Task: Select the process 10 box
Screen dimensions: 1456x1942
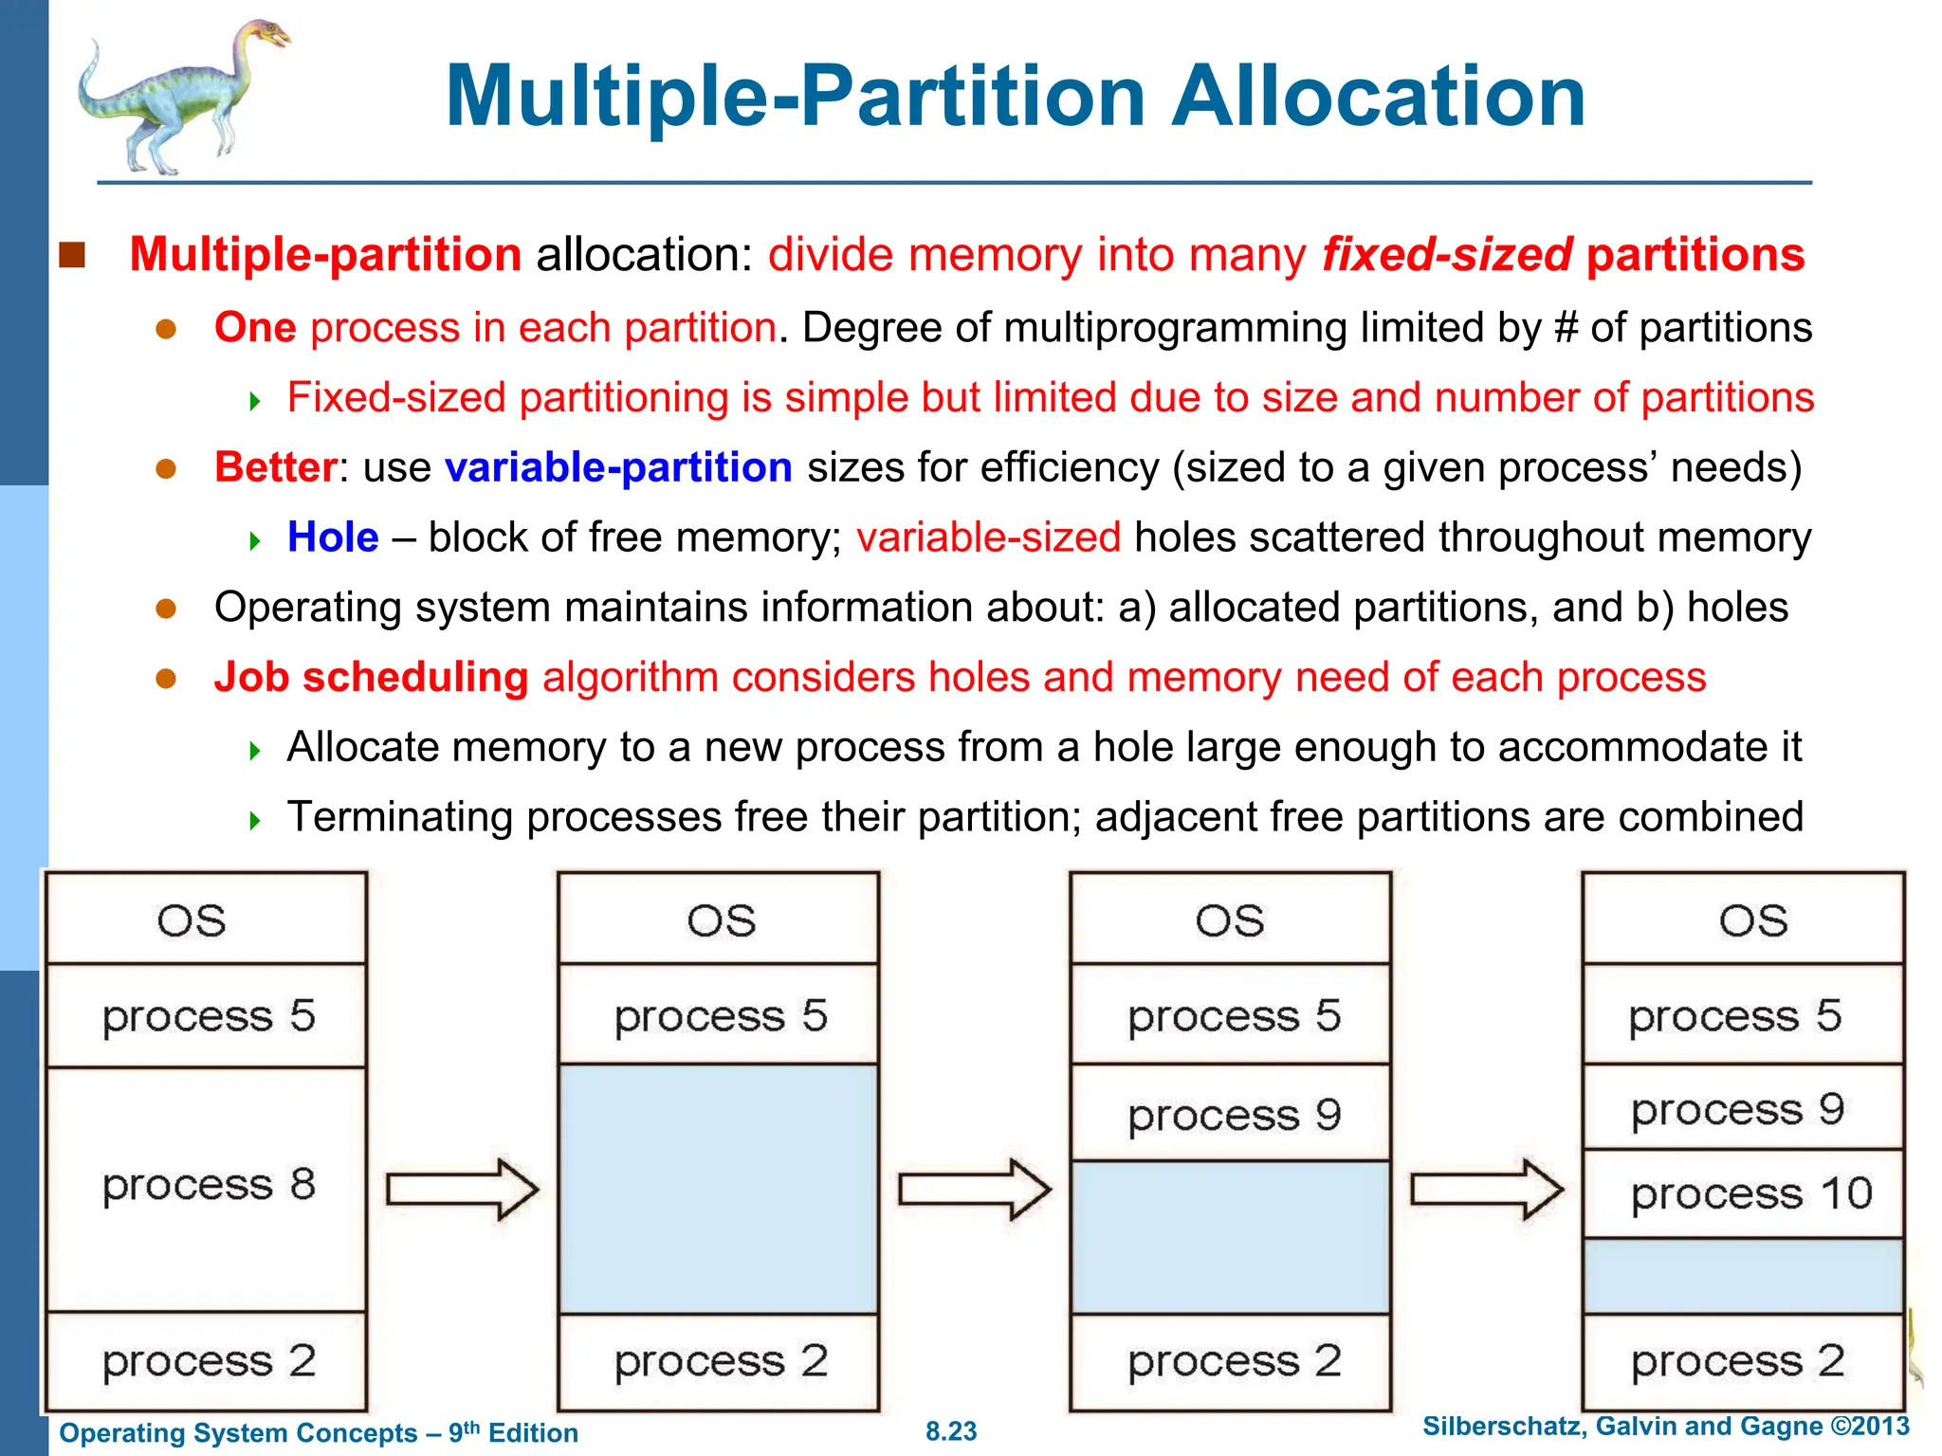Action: click(1743, 1192)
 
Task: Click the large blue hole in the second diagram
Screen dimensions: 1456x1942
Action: click(718, 1189)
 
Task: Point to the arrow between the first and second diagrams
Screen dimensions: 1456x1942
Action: click(462, 1189)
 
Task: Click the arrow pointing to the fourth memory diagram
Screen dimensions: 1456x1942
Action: click(1486, 1189)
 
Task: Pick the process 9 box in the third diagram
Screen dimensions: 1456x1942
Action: click(1231, 1114)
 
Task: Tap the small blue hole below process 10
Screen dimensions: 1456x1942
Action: click(1743, 1276)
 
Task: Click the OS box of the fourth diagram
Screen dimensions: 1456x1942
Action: click(1743, 919)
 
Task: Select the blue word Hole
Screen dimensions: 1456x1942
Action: click(333, 537)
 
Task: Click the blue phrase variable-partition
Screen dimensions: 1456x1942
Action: click(618, 467)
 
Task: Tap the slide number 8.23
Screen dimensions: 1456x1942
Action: click(951, 1431)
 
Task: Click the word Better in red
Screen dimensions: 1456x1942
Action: click(275, 467)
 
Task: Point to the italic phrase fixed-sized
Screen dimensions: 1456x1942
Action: click(1447, 255)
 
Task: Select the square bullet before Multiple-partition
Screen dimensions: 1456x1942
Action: click(72, 255)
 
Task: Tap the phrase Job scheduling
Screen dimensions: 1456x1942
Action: click(371, 678)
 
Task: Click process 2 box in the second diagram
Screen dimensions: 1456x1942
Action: click(718, 1361)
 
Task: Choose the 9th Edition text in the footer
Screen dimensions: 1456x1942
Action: click(513, 1432)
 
